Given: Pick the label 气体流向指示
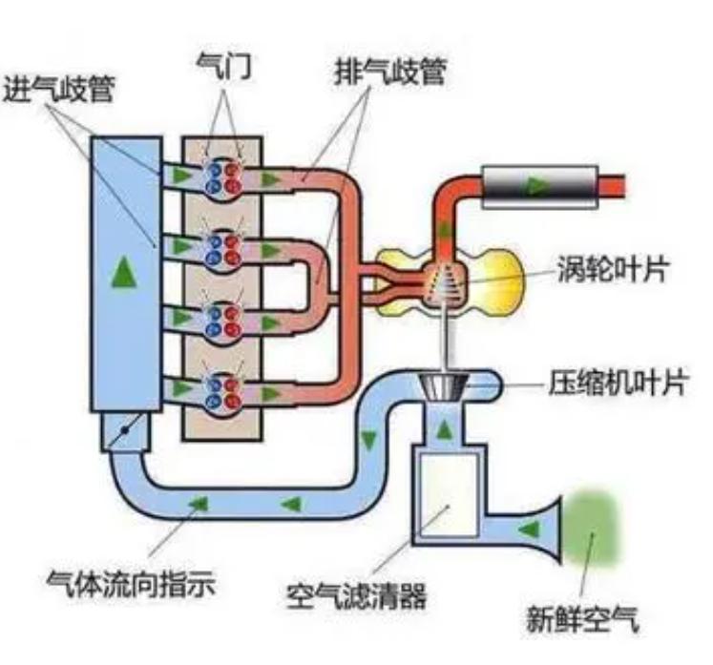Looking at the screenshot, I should (x=131, y=580).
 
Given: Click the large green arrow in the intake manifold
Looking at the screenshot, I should (x=120, y=274).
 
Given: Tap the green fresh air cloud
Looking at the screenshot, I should (x=593, y=531).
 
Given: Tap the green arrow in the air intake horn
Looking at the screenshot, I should (x=523, y=528).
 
